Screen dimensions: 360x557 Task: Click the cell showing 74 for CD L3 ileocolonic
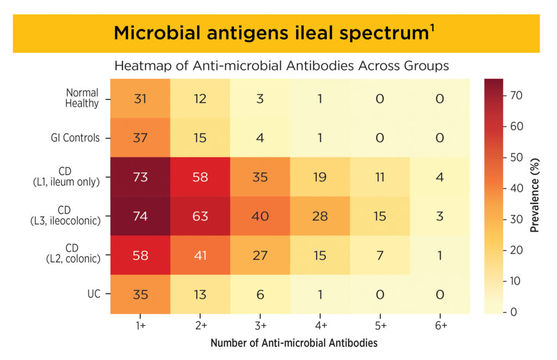[140, 216]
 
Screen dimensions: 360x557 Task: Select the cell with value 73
[140, 177]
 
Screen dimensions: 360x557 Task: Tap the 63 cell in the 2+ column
[200, 216]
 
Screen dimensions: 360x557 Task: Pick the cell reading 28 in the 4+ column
[320, 216]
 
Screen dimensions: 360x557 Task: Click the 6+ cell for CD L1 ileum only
[440, 177]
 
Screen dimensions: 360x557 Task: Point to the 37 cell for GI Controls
[140, 138]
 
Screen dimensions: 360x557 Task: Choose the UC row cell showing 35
[140, 294]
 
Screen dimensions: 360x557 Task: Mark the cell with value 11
[380, 177]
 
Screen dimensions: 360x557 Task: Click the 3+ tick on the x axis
[260, 325]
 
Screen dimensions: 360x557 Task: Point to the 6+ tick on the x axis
[440, 325]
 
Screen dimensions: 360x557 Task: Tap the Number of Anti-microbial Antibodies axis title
[294, 343]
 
